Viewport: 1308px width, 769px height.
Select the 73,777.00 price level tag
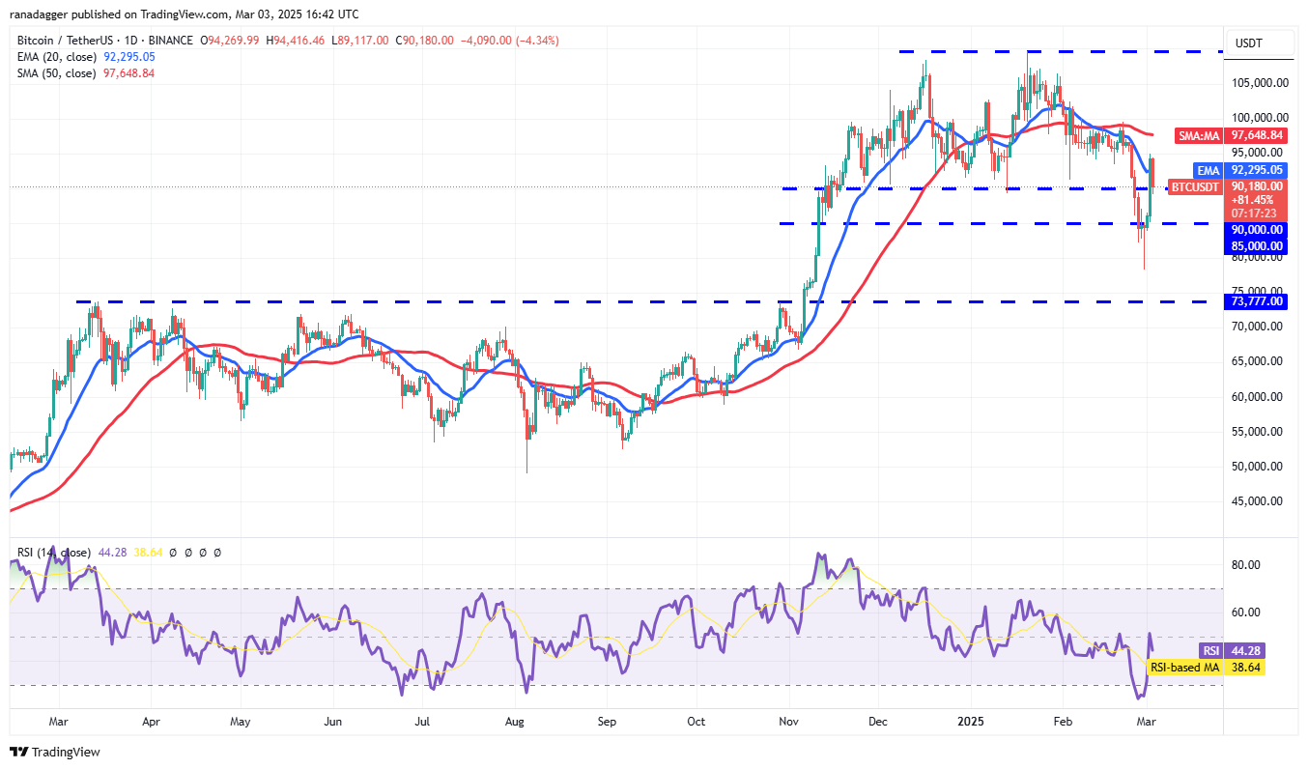point(1255,301)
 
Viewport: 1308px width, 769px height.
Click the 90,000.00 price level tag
point(1255,230)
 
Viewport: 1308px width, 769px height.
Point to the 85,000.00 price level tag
point(1255,246)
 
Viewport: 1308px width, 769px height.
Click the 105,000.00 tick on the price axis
point(1255,83)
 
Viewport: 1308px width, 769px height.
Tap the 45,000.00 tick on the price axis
point(1253,500)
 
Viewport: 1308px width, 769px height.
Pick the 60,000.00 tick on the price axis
point(1253,396)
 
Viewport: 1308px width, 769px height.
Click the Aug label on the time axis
point(514,721)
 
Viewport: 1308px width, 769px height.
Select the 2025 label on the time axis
point(969,721)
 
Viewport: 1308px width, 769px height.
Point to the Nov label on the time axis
point(788,721)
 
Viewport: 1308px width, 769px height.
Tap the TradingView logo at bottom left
point(55,752)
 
